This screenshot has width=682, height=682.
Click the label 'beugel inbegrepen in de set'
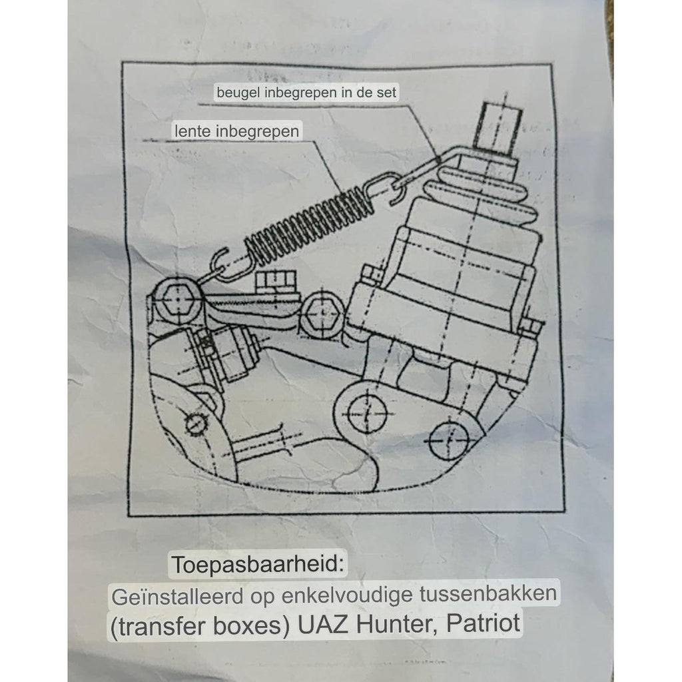tap(306, 93)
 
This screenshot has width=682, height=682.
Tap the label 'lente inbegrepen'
tap(236, 131)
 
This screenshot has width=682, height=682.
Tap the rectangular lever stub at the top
tap(496, 126)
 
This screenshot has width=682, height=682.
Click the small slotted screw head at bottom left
tap(196, 422)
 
